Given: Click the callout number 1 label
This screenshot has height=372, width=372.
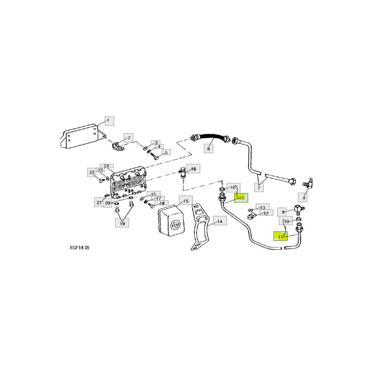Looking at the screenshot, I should (x=108, y=121).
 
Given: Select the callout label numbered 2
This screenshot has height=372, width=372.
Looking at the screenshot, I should (x=128, y=138).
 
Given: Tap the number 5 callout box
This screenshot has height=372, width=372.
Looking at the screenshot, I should (x=165, y=153).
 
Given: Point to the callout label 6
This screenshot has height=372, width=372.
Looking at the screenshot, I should (x=209, y=149).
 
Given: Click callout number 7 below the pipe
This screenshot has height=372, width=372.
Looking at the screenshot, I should (x=259, y=187).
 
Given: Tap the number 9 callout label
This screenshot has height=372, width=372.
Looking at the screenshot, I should (x=283, y=211).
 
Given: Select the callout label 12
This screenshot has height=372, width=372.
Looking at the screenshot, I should (x=266, y=213).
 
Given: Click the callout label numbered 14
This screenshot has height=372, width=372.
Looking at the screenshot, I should (x=218, y=222).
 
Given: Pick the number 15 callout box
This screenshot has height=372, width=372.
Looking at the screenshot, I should (x=184, y=200).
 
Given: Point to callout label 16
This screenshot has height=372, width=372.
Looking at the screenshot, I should (x=193, y=169).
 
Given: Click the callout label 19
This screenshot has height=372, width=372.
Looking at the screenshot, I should (x=122, y=224).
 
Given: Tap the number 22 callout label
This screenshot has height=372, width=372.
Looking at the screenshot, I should (x=91, y=172).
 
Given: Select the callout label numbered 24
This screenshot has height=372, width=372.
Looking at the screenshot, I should (x=106, y=166).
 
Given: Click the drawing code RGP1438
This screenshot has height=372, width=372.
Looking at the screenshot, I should (x=79, y=248).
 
